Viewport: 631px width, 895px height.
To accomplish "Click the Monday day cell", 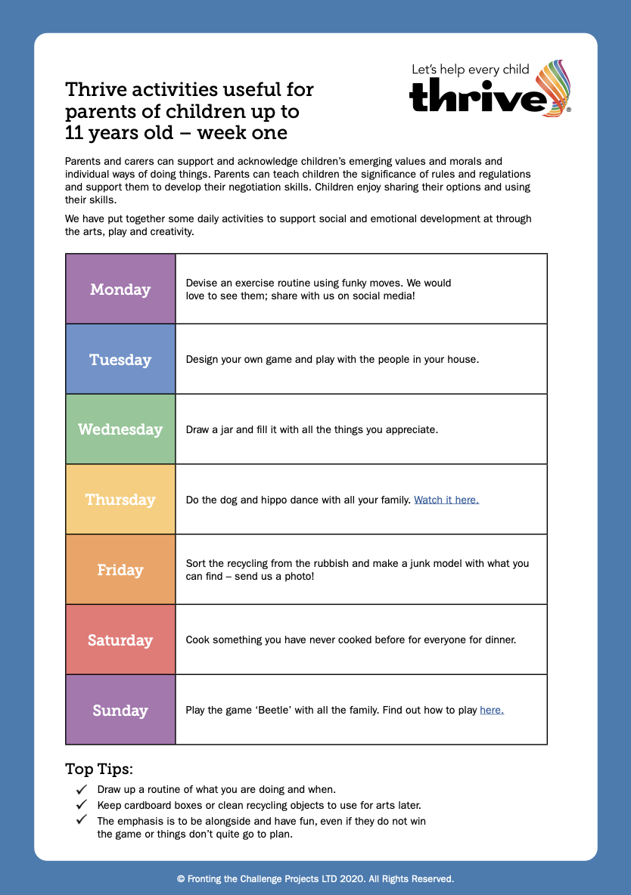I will (120, 290).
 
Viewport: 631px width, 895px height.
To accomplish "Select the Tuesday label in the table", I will (120, 360).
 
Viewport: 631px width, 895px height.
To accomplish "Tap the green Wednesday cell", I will (120, 429).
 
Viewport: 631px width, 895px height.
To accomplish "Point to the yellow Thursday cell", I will (120, 500).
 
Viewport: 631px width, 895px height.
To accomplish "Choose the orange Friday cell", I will (120, 570).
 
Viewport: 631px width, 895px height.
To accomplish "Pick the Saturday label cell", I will (120, 640).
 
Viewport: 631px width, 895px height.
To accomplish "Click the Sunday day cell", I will (120, 711).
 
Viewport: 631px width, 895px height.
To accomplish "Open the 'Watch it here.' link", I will (446, 500).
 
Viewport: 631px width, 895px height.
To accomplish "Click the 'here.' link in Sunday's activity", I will (492, 710).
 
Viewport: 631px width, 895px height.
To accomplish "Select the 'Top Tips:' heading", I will (99, 770).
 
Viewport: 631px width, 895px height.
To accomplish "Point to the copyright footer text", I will (315, 879).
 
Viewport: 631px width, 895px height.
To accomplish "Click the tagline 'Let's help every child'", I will (470, 70).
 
